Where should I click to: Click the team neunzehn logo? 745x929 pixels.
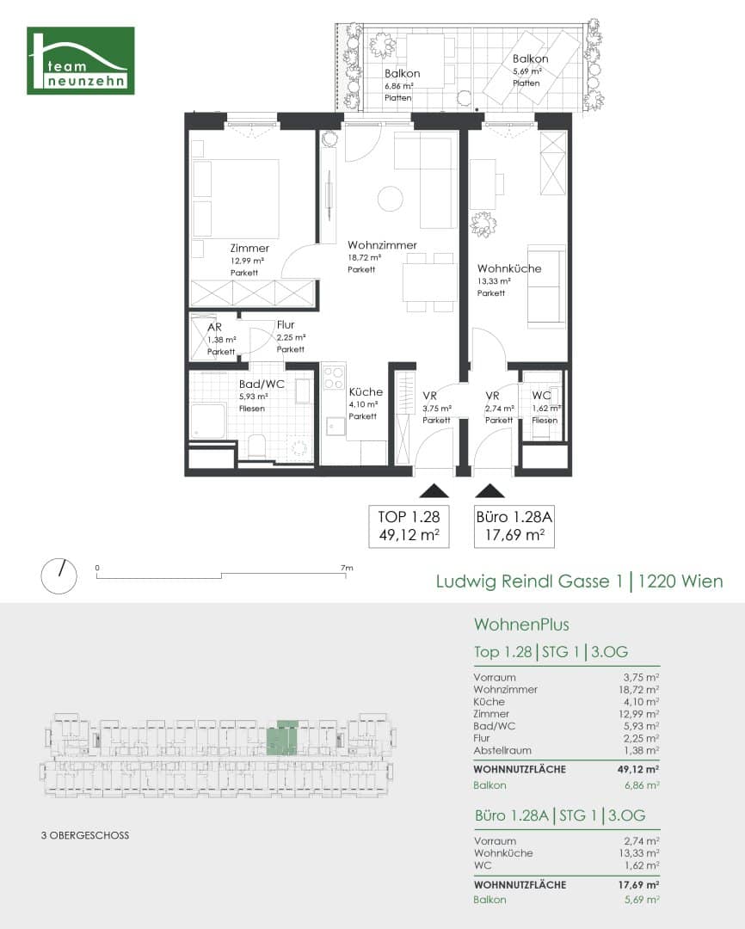click(x=81, y=60)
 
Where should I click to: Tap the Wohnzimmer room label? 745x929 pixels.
click(x=382, y=245)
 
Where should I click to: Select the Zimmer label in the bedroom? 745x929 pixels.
click(x=249, y=249)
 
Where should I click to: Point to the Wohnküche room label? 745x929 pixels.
click(x=509, y=268)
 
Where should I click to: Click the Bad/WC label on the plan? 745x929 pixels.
click(x=262, y=384)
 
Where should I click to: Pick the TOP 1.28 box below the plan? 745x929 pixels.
click(x=409, y=526)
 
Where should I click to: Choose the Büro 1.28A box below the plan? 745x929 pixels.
click(x=514, y=526)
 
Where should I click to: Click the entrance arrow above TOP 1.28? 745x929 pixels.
click(x=434, y=490)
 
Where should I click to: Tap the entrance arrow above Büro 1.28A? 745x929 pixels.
click(x=490, y=490)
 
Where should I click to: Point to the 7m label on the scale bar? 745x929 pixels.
click(x=347, y=568)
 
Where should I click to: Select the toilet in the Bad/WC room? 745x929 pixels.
click(x=257, y=447)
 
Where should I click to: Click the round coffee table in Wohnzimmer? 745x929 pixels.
click(x=391, y=199)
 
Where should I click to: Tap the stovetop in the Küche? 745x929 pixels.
click(x=333, y=378)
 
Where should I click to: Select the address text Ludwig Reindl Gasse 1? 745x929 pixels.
click(x=529, y=581)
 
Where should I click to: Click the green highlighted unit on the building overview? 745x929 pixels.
click(x=281, y=738)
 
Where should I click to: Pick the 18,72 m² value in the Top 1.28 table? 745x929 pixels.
click(x=639, y=690)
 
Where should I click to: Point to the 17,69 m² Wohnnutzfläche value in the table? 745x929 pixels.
click(x=637, y=884)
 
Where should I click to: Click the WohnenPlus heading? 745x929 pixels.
click(x=521, y=624)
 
